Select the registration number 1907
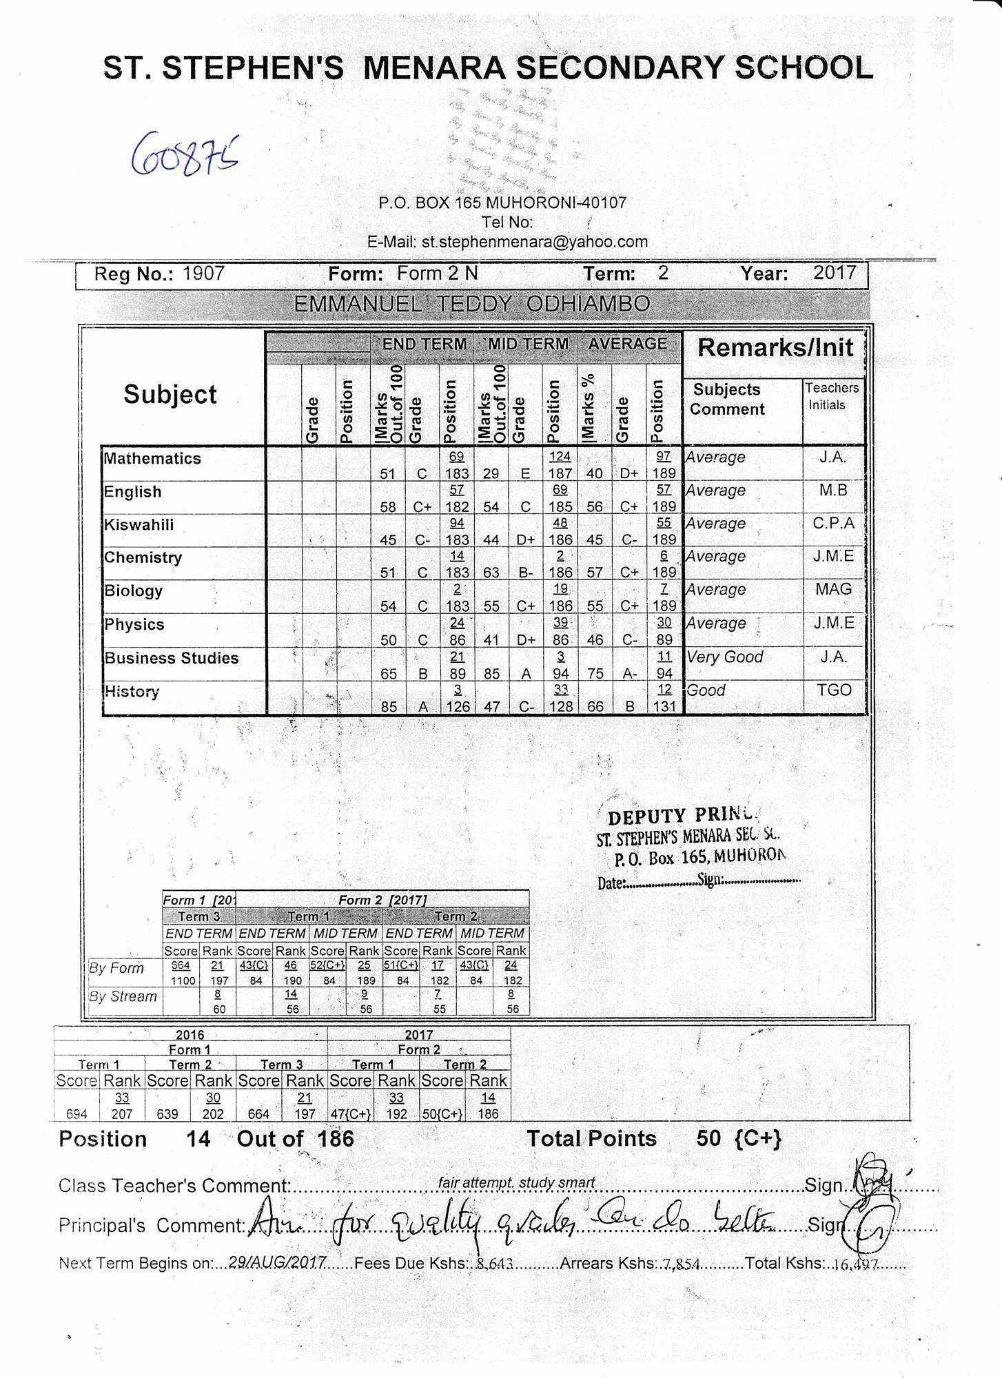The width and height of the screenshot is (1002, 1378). click(203, 274)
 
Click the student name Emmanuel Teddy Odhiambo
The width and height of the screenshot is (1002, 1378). click(471, 304)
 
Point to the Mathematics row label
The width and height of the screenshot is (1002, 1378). click(152, 459)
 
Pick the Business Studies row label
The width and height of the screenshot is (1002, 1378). click(172, 658)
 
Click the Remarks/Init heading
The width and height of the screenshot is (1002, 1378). click(775, 348)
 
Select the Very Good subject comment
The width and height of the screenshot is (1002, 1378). click(725, 657)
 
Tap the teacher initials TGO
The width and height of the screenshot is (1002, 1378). click(834, 690)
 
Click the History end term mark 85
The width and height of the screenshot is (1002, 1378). click(389, 707)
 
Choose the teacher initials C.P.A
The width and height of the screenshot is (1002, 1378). click(833, 524)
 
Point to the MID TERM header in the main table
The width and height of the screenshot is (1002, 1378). click(528, 344)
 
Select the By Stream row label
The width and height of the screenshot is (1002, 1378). click(123, 997)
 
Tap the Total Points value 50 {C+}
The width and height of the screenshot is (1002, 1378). click(738, 1138)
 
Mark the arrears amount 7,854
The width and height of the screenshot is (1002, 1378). click(681, 1264)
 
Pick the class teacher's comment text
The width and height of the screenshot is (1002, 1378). click(516, 1183)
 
